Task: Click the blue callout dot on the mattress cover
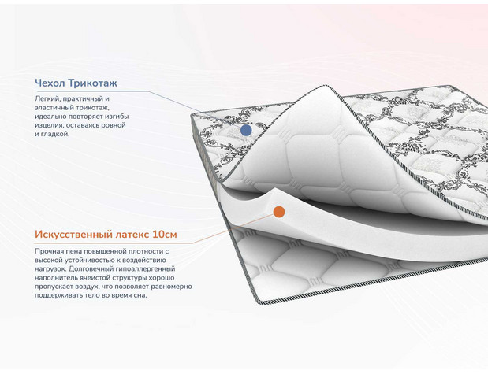[x=246, y=130]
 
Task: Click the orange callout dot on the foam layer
[x=279, y=212]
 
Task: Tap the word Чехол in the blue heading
[x=50, y=83]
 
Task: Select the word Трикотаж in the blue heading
[x=92, y=83]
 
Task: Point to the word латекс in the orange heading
[x=132, y=235]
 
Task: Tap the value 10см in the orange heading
[x=165, y=235]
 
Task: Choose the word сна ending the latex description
[x=140, y=295]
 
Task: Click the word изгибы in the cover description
[x=117, y=117]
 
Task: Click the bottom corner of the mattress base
[x=259, y=302]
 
